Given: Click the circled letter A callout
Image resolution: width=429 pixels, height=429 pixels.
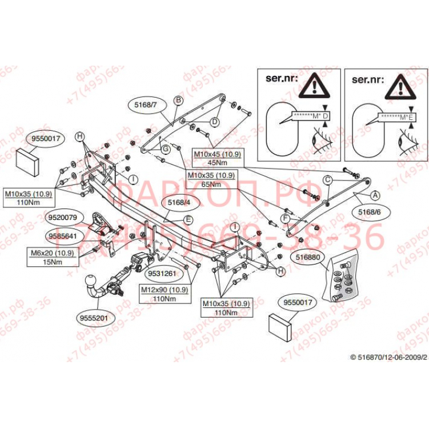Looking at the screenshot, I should point(375,195).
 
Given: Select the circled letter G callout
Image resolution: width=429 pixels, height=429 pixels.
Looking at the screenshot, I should point(164,149).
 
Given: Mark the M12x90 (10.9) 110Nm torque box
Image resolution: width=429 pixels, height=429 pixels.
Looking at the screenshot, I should point(164,294).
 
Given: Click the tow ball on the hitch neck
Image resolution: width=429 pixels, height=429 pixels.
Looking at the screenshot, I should point(91,280).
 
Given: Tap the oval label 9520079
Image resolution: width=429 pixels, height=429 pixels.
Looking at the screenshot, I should point(64,217).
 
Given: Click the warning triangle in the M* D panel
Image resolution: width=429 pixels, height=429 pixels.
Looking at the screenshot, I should point(316,86).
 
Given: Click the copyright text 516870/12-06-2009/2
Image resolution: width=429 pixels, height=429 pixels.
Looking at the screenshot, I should point(388,356).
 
